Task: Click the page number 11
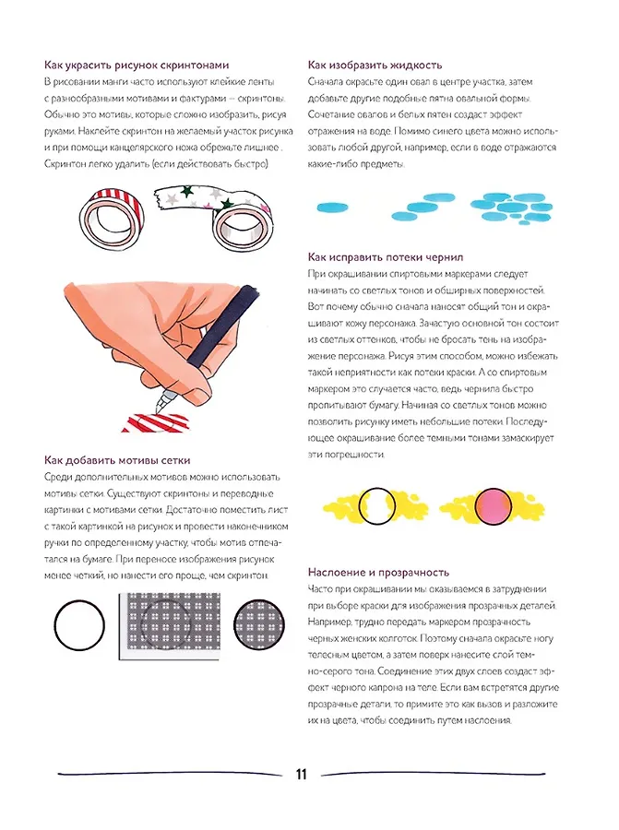[x=301, y=775]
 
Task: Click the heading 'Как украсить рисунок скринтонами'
[x=134, y=65]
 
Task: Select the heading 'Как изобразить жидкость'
[x=375, y=65]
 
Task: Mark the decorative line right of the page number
[x=433, y=774]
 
